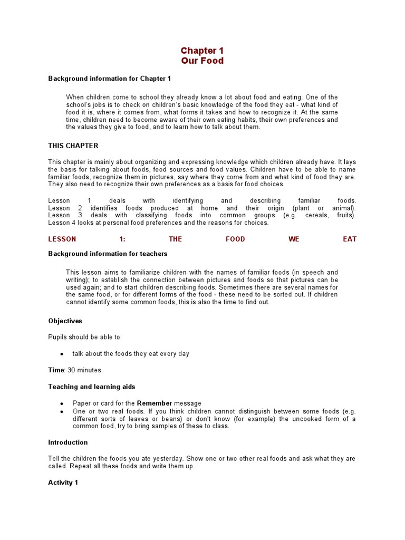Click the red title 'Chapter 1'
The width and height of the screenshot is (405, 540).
[202, 51]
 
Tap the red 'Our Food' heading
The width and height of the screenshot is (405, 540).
[202, 61]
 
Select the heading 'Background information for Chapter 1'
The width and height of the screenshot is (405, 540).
[110, 79]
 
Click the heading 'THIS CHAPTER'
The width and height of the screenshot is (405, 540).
[73, 146]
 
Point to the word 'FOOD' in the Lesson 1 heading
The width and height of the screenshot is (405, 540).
[235, 239]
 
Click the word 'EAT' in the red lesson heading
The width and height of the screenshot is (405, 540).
[350, 239]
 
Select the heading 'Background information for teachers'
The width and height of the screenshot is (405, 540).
[108, 254]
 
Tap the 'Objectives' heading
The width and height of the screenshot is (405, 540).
[65, 321]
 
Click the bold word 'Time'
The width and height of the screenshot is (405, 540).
[56, 370]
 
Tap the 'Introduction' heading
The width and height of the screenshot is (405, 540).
[68, 442]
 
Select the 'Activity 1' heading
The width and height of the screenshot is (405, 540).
[63, 483]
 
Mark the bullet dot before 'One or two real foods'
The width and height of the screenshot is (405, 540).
[62, 411]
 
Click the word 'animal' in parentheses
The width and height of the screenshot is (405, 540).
[342, 208]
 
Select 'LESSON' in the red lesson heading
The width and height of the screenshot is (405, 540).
[62, 239]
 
